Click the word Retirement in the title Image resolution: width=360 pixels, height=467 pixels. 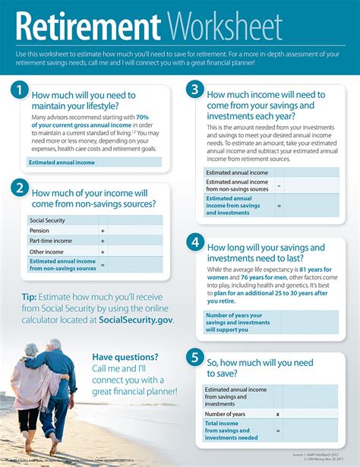[88, 27]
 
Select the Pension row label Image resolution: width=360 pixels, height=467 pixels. [39, 230]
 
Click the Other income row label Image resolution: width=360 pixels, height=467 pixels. [46, 251]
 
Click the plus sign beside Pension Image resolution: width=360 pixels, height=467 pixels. [103, 230]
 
